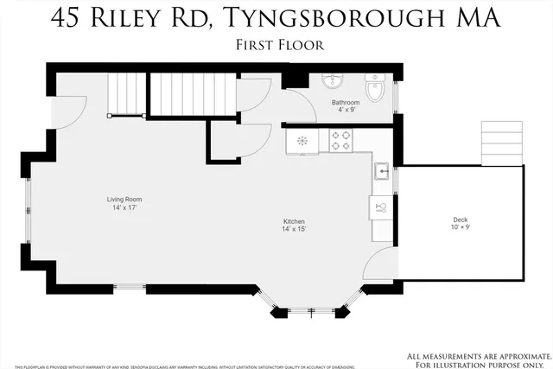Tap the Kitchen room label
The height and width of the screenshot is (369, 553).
click(x=294, y=222)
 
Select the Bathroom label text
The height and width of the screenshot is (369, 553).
click(x=346, y=103)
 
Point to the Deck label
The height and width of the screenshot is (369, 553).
click(x=461, y=220)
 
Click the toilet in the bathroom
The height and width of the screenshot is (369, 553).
click(x=377, y=88)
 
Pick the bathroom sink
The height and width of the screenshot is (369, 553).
click(x=334, y=81)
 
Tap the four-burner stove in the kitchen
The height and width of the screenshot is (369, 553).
click(x=340, y=140)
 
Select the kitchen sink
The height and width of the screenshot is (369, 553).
click(x=381, y=170)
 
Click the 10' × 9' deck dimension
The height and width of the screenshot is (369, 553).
click(x=461, y=229)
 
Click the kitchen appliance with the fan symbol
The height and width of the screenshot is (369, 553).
click(x=302, y=140)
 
